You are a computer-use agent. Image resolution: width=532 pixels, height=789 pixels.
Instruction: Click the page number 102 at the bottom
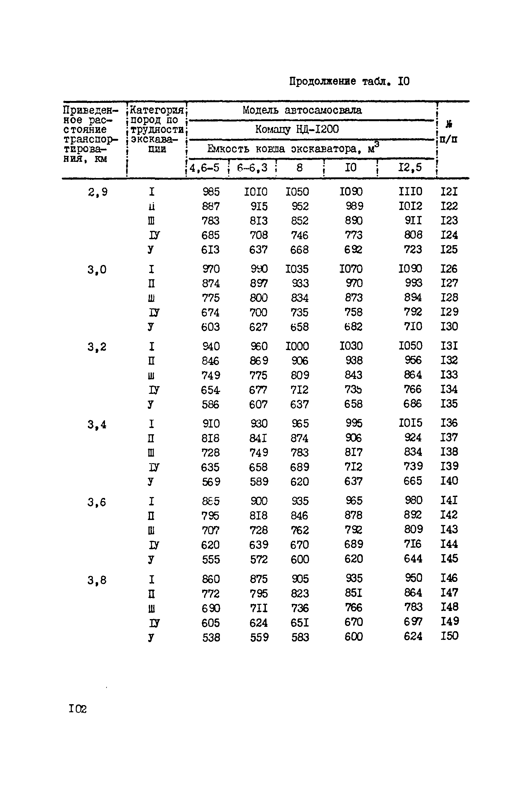click(78, 709)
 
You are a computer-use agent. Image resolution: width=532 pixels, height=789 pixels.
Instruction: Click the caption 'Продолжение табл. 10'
click(349, 81)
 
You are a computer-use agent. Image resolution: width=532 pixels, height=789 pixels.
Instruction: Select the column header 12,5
click(410, 167)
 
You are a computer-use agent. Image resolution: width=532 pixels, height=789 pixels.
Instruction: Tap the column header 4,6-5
click(205, 168)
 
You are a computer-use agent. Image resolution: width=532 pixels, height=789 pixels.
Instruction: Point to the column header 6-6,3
click(252, 168)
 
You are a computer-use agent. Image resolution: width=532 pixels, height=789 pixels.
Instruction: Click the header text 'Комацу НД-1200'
click(297, 129)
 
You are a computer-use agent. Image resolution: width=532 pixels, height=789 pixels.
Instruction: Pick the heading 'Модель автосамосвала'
click(302, 110)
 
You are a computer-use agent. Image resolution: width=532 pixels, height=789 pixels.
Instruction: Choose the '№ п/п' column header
click(448, 132)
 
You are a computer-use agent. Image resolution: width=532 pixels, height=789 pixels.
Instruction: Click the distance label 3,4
click(97, 425)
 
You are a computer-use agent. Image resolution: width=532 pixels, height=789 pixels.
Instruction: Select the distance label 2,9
click(98, 192)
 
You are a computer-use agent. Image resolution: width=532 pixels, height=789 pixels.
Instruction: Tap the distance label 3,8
click(97, 580)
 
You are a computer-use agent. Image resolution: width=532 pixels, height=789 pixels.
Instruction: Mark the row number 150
click(449, 636)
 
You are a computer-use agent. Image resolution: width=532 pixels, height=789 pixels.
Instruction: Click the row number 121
click(449, 192)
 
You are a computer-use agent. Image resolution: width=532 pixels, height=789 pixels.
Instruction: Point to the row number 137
click(449, 437)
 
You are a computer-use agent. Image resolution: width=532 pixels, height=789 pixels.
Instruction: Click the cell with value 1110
click(410, 192)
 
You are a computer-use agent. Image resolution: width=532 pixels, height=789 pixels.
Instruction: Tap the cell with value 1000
click(297, 346)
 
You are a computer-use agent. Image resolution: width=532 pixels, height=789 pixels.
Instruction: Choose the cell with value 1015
click(410, 423)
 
